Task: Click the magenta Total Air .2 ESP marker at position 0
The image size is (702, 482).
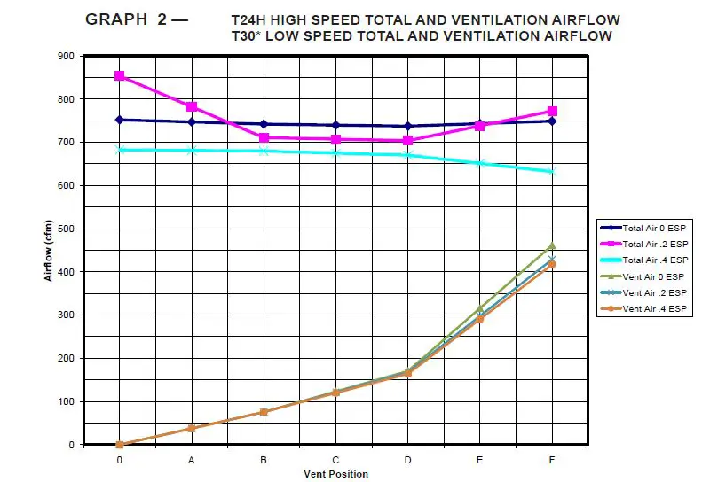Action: click(119, 76)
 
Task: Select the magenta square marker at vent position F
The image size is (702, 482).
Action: click(552, 112)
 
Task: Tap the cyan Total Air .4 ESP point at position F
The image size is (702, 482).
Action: click(552, 172)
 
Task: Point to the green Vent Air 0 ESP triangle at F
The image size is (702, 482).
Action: click(552, 245)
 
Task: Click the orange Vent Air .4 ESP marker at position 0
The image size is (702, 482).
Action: click(119, 445)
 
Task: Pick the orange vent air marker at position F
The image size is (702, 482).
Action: click(552, 265)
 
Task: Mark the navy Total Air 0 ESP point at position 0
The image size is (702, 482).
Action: click(119, 120)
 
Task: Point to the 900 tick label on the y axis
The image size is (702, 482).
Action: click(67, 56)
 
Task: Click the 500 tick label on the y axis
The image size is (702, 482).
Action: click(67, 229)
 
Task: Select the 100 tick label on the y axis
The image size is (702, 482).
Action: click(67, 401)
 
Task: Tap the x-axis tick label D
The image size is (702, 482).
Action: click(407, 460)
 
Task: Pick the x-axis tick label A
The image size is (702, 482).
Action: click(191, 460)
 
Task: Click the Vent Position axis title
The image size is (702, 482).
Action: click(335, 474)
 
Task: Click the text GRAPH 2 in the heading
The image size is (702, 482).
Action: click(126, 19)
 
